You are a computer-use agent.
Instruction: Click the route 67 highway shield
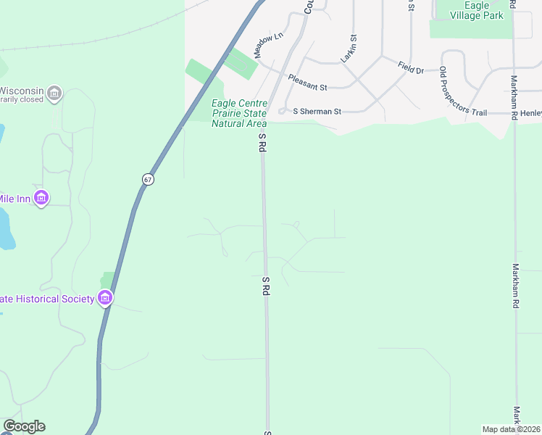(148, 179)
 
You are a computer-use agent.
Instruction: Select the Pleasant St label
(307, 82)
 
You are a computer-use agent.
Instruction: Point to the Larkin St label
(349, 48)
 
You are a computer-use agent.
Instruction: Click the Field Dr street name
(410, 67)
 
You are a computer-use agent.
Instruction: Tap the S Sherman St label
(317, 112)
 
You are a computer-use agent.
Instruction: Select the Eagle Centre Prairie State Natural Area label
(239, 113)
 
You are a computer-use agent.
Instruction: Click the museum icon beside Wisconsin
(54, 93)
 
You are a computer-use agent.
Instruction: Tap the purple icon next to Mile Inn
(41, 197)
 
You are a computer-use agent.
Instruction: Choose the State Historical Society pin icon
(105, 297)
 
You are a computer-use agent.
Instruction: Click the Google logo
(24, 426)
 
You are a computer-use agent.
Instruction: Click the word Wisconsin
(20, 91)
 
